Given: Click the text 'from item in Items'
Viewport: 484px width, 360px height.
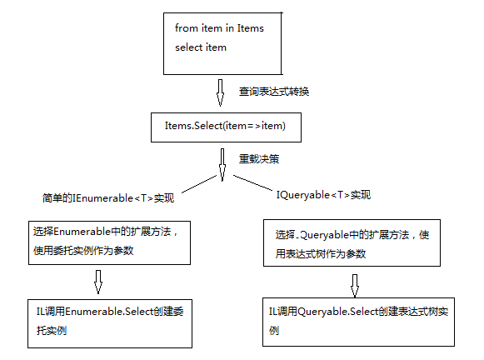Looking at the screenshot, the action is coord(219,28).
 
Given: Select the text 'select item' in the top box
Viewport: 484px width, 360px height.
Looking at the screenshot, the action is coord(201,47).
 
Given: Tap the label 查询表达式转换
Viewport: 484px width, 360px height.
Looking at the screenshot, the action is coord(274,92).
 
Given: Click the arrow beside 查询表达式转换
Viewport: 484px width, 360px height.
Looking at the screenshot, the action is coord(220,92).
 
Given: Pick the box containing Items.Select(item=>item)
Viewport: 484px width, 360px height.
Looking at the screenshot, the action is coord(226,127).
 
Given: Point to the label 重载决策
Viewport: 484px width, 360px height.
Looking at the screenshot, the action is coord(259,159).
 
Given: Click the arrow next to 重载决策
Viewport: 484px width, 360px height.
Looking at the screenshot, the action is coord(222,165).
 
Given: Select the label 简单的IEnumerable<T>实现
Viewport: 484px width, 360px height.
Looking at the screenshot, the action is coord(108,197).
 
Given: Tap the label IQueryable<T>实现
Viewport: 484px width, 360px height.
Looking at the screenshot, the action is coord(323,195).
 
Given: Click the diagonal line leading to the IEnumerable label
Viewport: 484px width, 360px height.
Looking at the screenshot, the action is coord(199,184).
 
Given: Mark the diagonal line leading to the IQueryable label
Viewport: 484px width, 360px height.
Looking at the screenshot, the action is coord(252,182).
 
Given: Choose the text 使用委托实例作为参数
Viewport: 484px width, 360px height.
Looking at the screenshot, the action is coord(83,250).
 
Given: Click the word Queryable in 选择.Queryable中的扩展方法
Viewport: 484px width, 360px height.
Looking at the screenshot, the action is coord(324,235).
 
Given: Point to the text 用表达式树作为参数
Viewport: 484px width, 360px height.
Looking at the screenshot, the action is coord(321,254).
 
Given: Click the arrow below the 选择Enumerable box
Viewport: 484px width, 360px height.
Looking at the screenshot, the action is coord(98,282).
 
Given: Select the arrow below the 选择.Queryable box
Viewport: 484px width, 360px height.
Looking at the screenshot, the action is coord(355,286).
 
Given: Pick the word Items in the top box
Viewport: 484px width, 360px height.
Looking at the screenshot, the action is coord(251,28).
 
